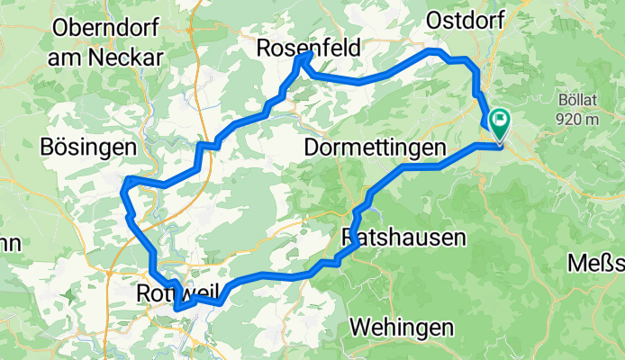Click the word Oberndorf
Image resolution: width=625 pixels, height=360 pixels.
(x=104, y=27)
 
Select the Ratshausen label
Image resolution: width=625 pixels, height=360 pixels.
(x=404, y=238)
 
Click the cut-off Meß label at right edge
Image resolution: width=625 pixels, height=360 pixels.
(x=597, y=263)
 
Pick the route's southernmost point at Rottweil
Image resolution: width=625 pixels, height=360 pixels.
(x=177, y=309)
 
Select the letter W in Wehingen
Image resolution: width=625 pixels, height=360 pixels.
(x=358, y=327)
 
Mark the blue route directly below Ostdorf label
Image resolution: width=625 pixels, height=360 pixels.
(x=468, y=60)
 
